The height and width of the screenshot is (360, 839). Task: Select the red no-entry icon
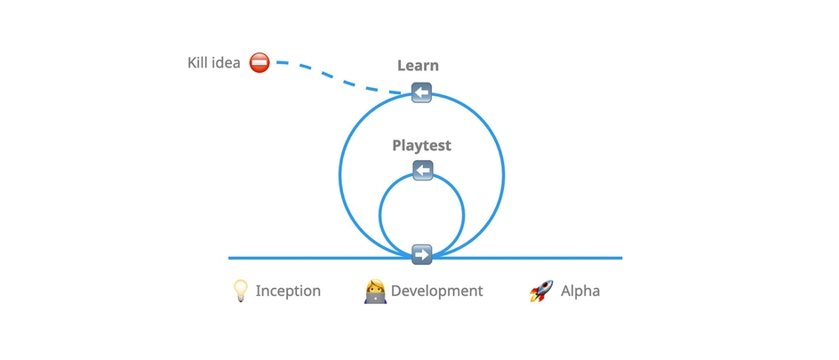click(260, 62)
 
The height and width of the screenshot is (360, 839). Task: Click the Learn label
click(418, 66)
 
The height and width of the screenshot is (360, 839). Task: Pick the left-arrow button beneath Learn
click(421, 92)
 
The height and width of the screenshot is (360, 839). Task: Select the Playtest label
click(422, 145)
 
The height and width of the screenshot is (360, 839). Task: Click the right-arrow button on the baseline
click(422, 255)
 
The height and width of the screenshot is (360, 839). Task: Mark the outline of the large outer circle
click(340, 173)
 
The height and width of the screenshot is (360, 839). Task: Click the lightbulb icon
click(240, 291)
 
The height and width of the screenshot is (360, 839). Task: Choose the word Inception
click(288, 291)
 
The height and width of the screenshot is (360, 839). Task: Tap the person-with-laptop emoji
click(375, 291)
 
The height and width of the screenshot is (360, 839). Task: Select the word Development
click(436, 291)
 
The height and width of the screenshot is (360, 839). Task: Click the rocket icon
click(541, 291)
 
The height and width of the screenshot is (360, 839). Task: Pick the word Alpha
click(579, 291)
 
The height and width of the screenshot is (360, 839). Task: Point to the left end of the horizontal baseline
click(230, 258)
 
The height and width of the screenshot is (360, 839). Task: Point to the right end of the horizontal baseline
click(620, 258)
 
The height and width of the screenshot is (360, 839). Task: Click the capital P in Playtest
click(397, 145)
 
